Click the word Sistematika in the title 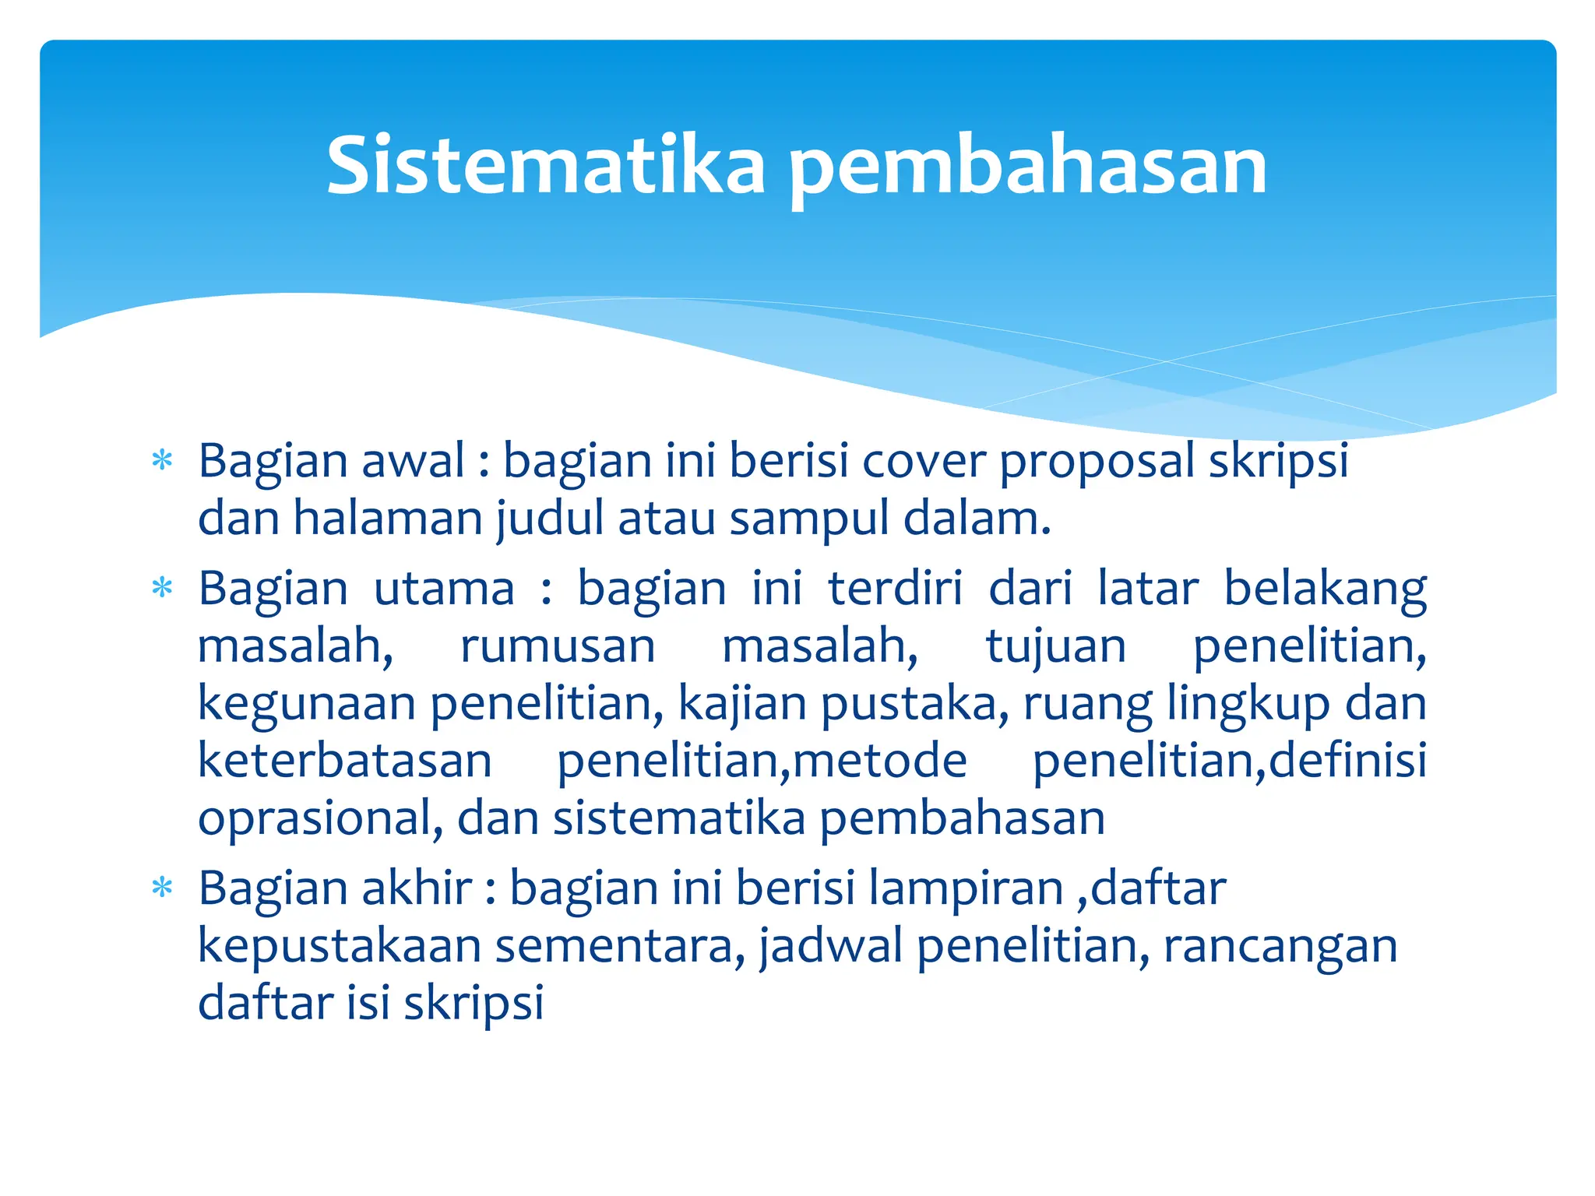546,165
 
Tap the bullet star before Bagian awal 162,460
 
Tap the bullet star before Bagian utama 162,588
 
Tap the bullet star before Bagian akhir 162,888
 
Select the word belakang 1324,589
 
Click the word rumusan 558,645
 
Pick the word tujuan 1055,647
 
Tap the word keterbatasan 344,761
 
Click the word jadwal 830,946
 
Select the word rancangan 1280,947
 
